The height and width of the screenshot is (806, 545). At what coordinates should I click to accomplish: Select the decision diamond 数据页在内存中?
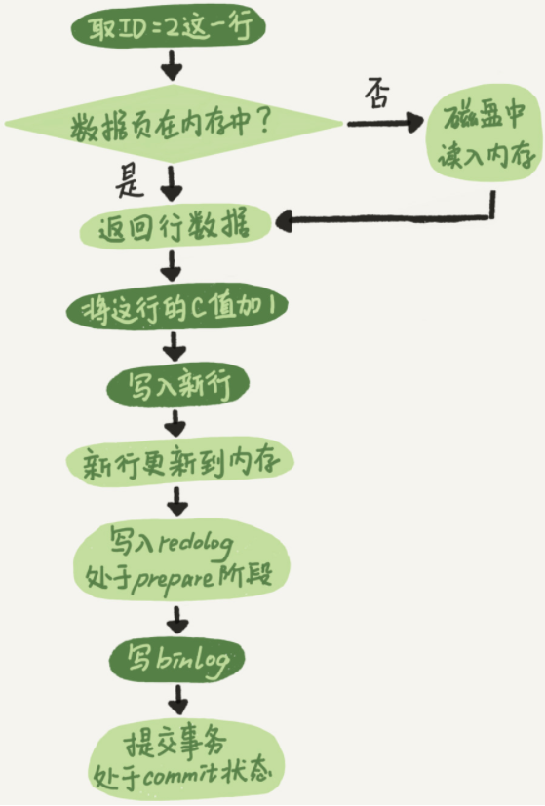click(174, 124)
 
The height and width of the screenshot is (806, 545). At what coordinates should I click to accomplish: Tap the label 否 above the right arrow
click(378, 94)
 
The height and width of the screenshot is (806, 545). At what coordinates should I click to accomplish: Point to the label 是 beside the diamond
click(129, 181)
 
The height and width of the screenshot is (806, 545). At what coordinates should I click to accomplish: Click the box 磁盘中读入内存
click(484, 138)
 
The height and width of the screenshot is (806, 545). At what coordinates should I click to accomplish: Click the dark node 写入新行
click(177, 386)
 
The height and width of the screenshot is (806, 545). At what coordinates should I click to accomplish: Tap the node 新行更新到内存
click(179, 462)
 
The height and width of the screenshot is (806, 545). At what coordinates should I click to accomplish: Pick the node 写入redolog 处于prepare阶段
click(181, 562)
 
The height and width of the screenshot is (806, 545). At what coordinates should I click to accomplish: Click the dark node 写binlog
click(176, 659)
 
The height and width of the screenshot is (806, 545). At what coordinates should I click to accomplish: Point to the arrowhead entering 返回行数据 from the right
click(285, 221)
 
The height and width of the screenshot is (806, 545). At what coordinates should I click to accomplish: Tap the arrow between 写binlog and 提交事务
click(177, 699)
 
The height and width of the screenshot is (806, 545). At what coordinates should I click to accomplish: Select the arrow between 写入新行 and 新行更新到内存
click(176, 423)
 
